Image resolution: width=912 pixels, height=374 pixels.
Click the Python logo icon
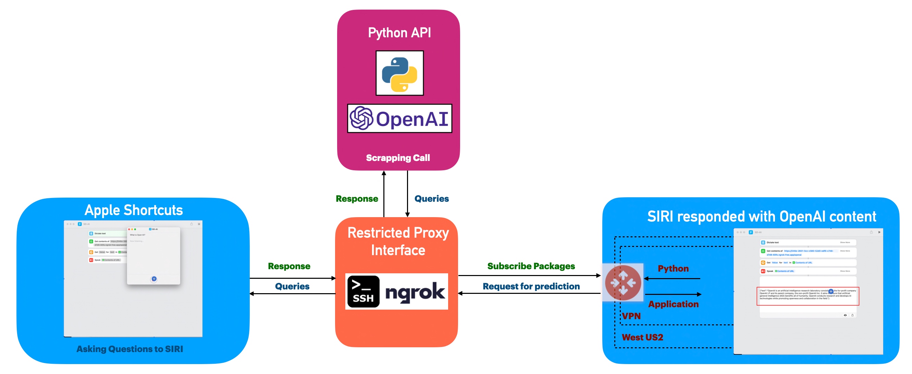pyautogui.click(x=399, y=73)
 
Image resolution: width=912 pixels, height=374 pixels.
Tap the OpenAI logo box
pyautogui.click(x=399, y=119)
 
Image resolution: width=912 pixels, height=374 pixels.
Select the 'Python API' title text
pyautogui.click(x=399, y=33)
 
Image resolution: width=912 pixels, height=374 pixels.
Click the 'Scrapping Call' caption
pyautogui.click(x=398, y=158)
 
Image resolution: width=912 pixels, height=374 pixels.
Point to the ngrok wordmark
pyautogui.click(x=415, y=292)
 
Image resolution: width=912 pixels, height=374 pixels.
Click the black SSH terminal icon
pyautogui.click(x=363, y=291)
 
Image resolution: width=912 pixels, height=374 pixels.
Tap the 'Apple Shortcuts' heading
pyautogui.click(x=134, y=210)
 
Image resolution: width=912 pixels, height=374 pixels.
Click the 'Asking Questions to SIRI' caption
pyautogui.click(x=130, y=349)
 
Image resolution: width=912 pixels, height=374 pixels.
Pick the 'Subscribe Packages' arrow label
pyautogui.click(x=531, y=266)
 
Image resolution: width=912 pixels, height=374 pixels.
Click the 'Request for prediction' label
pyautogui.click(x=531, y=286)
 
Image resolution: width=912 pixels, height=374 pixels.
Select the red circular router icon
pyautogui.click(x=623, y=283)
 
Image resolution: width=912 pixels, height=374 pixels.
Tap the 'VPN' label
pyautogui.click(x=631, y=316)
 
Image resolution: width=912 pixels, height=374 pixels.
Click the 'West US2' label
pyautogui.click(x=642, y=337)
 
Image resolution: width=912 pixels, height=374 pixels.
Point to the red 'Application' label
pyautogui.click(x=673, y=304)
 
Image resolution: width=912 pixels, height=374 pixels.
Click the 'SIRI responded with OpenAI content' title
pyautogui.click(x=762, y=216)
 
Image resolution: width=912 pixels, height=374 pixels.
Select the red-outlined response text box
pyautogui.click(x=808, y=296)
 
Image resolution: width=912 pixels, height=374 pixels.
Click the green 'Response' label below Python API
pyautogui.click(x=357, y=199)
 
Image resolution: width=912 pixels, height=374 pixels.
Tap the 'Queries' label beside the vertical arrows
pyautogui.click(x=432, y=199)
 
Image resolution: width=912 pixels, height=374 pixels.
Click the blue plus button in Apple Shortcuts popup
pyautogui.click(x=154, y=279)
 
